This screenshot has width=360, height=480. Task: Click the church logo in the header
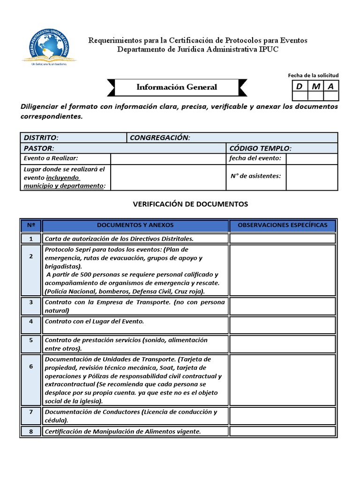tap(49, 46)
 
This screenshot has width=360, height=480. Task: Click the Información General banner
tap(177, 87)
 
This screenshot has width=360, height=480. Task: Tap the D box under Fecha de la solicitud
tap(299, 86)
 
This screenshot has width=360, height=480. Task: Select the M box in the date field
tap(315, 86)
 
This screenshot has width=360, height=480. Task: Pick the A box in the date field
tap(331, 86)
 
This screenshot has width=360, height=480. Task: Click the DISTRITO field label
tap(41, 137)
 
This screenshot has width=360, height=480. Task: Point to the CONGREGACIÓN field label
tap(160, 137)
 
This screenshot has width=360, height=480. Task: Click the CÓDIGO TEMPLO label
tap(260, 148)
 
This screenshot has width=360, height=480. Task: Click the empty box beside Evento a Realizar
tap(168, 158)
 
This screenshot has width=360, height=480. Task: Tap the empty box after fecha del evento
tap(311, 158)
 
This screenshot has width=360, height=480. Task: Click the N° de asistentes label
tap(256, 176)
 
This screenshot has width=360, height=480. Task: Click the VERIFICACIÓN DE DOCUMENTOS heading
tap(190, 204)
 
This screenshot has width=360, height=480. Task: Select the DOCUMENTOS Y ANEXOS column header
tap(135, 225)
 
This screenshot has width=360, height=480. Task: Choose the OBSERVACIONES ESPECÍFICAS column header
tap(282, 225)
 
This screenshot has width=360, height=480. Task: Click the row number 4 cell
tap(31, 322)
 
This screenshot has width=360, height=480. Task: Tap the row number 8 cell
tap(31, 431)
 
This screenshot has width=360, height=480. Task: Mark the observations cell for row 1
tap(282, 239)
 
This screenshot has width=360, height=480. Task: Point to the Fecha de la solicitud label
tap(313, 75)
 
